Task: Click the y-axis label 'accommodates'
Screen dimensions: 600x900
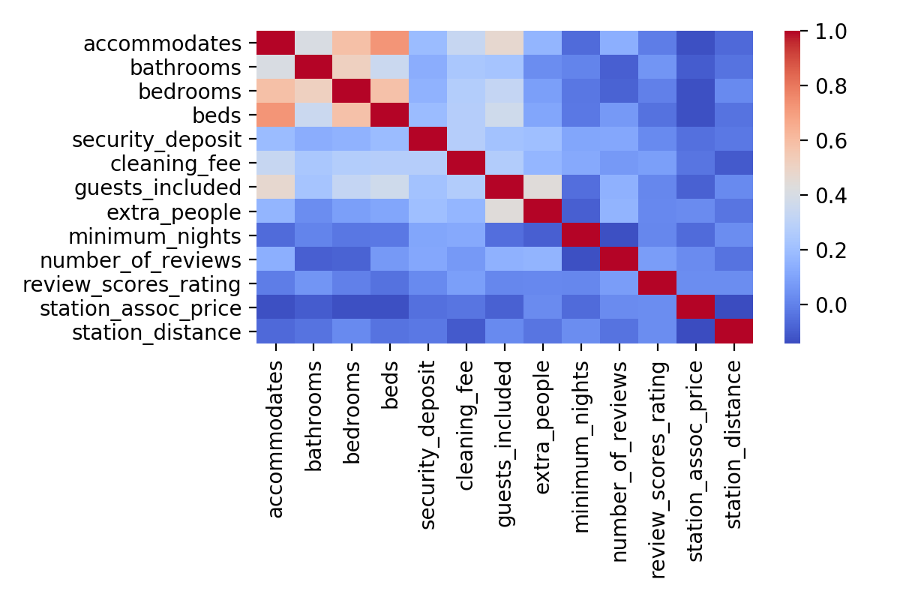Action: tap(163, 43)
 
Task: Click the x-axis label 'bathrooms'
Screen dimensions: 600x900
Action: tap(314, 415)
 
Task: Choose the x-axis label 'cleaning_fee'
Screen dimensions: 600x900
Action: tap(466, 424)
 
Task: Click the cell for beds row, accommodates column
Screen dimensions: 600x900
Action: tap(275, 115)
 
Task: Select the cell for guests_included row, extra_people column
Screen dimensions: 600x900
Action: tap(543, 187)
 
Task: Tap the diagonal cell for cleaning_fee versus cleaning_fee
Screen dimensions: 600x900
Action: tap(466, 163)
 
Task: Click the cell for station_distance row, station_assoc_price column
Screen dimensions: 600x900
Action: tap(696, 331)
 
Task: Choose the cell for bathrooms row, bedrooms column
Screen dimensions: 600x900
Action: tap(352, 67)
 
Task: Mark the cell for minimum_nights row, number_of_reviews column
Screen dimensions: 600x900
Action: tap(619, 235)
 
